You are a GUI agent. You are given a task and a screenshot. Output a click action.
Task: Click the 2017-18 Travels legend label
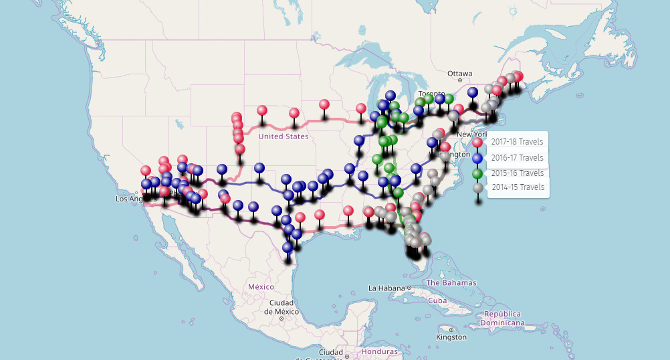pos(518,142)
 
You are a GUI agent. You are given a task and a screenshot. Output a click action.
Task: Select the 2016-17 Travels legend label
pos(518,158)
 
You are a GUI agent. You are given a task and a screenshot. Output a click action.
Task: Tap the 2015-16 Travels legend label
pos(518,173)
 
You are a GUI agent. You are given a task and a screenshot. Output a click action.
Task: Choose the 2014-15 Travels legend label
pos(518,187)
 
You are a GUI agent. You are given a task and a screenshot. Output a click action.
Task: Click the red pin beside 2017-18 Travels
pos(477,143)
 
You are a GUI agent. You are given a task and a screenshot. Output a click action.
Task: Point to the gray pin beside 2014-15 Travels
pos(477,188)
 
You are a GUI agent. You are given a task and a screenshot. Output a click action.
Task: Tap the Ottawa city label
pos(460,73)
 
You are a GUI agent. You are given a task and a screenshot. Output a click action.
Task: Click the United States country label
pos(284,137)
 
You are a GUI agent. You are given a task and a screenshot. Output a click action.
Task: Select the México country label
pos(261,286)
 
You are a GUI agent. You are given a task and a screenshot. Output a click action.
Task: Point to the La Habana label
pos(387,288)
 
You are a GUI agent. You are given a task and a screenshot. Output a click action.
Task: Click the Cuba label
pos(437,300)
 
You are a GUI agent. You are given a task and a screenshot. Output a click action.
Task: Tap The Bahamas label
pos(451,282)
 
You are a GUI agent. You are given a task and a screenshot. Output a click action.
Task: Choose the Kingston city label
pos(451,337)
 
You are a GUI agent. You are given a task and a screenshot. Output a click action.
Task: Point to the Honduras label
pos(379,351)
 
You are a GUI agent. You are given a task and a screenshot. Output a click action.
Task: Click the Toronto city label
pos(431,94)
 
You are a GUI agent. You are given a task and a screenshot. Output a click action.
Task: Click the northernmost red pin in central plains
pos(324,104)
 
